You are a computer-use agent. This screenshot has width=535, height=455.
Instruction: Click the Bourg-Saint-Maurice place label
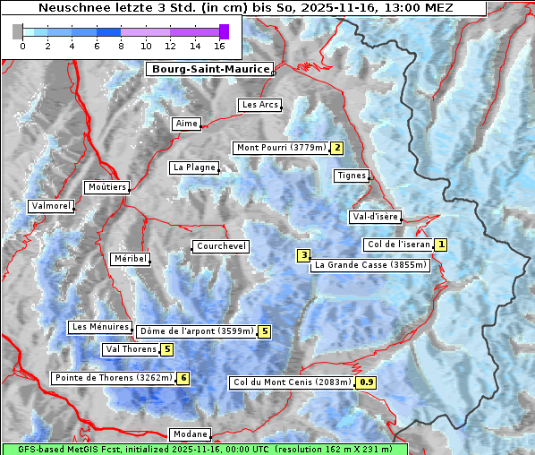(209, 69)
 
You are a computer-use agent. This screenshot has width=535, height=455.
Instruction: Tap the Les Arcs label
(260, 105)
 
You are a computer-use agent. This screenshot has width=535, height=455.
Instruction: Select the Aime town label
(187, 124)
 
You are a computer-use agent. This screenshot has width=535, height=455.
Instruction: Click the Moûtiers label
(106, 187)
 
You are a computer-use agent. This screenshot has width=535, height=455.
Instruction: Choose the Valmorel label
(50, 206)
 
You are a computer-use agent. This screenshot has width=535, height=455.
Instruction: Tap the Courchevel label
(221, 246)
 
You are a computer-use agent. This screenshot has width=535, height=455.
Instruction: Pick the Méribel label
(130, 259)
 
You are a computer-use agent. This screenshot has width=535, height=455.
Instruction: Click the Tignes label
(352, 176)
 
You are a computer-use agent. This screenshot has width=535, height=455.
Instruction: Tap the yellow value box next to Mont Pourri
(337, 148)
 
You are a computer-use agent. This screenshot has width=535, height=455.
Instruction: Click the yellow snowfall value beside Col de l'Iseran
(441, 245)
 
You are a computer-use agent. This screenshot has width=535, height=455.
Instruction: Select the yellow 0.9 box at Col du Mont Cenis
(367, 382)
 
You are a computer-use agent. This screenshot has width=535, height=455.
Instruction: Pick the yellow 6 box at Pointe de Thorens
(183, 378)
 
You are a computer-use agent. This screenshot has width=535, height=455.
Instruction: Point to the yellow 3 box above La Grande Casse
(304, 255)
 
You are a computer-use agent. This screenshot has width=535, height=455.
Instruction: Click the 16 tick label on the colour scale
(219, 46)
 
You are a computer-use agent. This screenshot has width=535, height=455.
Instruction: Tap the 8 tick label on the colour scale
(121, 46)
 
